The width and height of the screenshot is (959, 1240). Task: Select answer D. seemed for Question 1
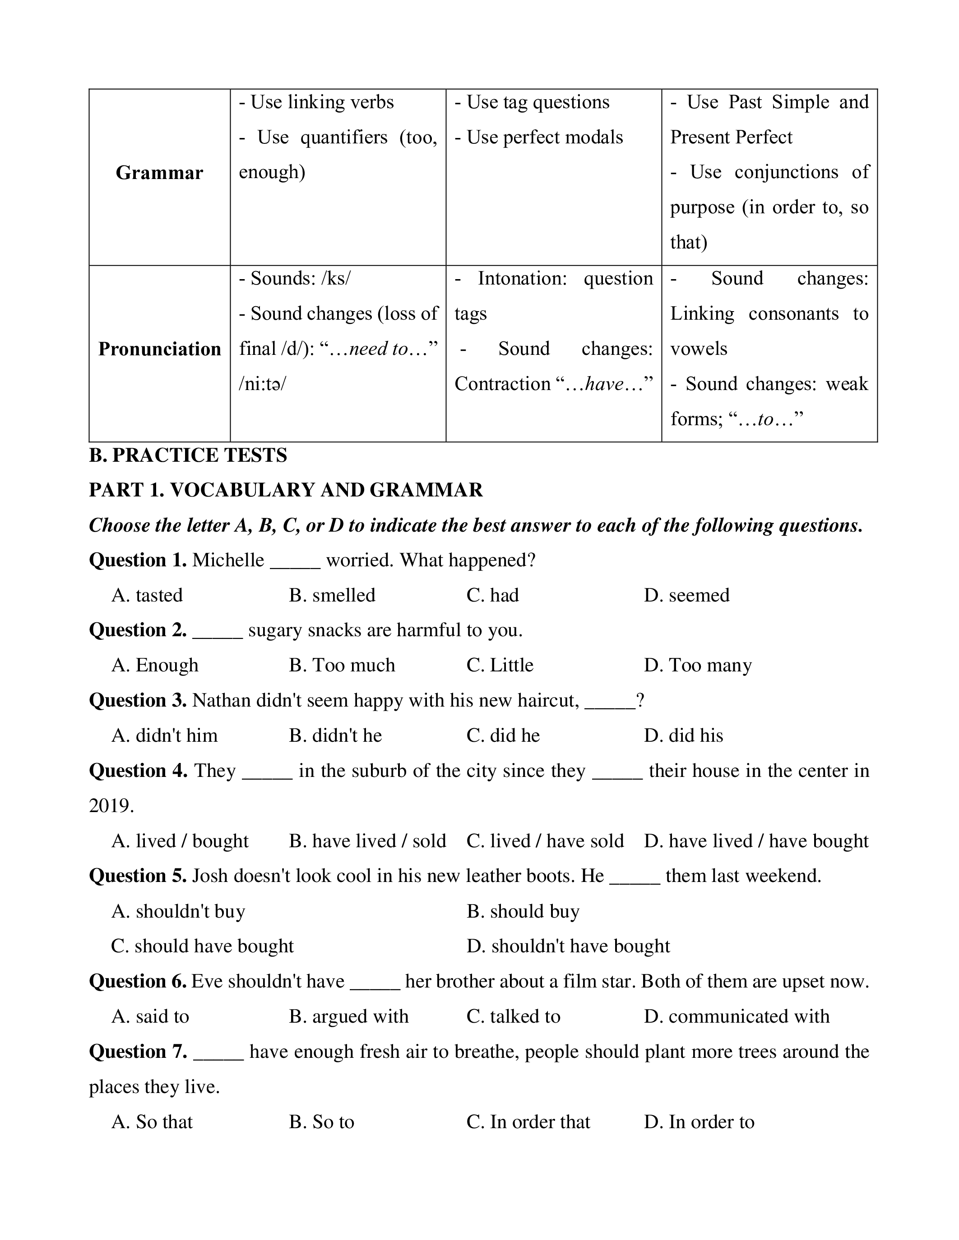pos(686,595)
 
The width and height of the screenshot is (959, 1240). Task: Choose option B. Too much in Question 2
pos(342,665)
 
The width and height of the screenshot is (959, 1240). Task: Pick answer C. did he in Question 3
pos(503,735)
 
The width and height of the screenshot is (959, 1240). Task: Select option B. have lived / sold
pos(367,841)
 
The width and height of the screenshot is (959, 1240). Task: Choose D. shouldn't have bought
pos(568,946)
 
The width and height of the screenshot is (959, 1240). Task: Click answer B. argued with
pos(348,1016)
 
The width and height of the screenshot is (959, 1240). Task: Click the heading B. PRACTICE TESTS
pos(188,455)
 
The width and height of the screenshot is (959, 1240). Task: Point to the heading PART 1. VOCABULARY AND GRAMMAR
pos(286,490)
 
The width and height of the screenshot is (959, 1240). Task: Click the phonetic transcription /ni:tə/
pos(263,384)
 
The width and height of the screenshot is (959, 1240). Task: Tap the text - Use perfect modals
pos(538,138)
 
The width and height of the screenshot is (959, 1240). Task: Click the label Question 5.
pos(138,876)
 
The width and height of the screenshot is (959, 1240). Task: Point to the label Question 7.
pos(138,1052)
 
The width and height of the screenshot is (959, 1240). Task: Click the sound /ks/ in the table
pos(336,279)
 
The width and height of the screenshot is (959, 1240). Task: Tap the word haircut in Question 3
pos(548,701)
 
